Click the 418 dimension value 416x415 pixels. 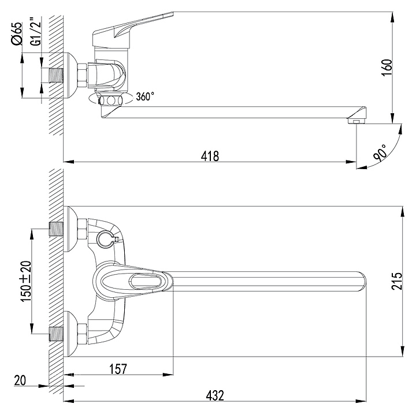(210, 156)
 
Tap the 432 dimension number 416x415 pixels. (214, 395)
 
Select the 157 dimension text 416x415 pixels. (118, 369)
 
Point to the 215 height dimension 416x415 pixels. (396, 281)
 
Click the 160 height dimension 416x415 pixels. (387, 68)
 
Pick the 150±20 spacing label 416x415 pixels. (26, 282)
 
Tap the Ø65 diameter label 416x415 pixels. (16, 33)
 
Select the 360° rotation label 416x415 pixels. (145, 96)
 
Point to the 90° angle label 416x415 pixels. (380, 152)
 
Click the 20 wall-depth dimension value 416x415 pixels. (20, 381)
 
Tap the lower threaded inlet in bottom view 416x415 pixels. (57, 334)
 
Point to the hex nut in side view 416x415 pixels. (82, 75)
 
